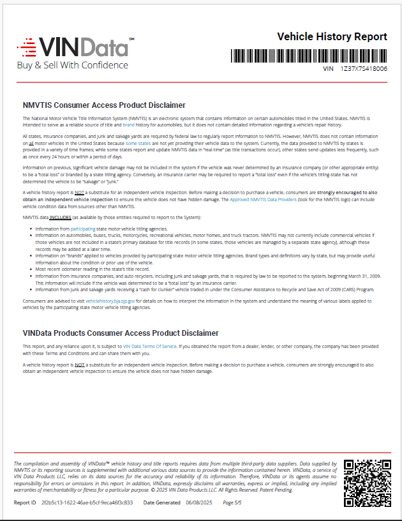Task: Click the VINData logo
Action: [75, 47]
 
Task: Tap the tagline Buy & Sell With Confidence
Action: [72, 65]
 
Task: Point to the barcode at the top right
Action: [309, 56]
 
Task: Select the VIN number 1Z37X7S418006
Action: [364, 68]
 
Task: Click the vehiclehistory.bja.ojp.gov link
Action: [113, 299]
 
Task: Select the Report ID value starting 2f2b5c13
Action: [87, 503]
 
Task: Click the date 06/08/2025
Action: [198, 503]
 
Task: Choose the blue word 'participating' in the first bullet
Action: [82, 228]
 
